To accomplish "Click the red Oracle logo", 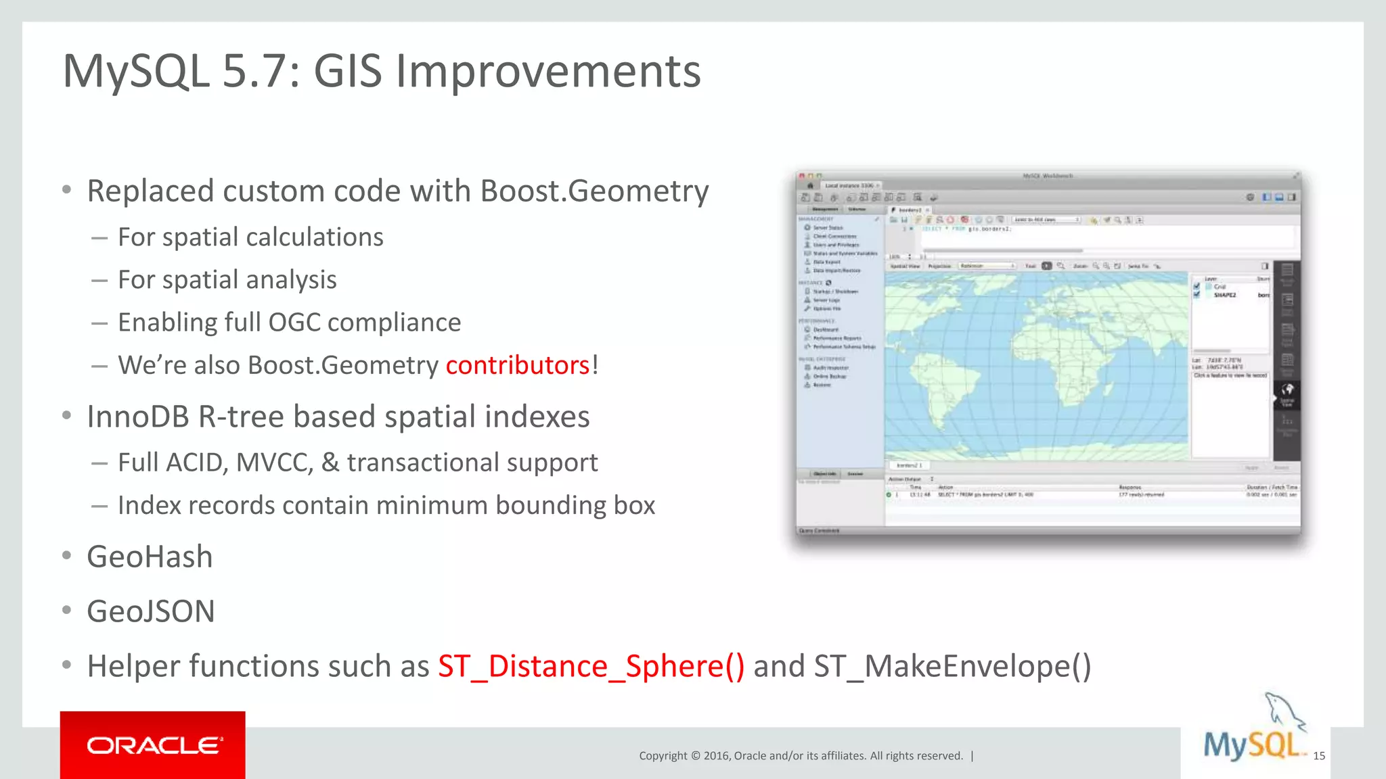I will click(x=153, y=745).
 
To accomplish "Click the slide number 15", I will click(x=1318, y=756).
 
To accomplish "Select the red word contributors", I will click(x=518, y=365).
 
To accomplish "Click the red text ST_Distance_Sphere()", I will click(x=591, y=666).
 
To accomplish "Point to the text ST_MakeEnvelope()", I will click(x=952, y=666).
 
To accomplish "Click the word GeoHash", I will click(x=150, y=557).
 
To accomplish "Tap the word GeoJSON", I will click(x=151, y=611).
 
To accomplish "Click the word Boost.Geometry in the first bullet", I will click(x=594, y=191).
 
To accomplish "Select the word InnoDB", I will click(x=138, y=417).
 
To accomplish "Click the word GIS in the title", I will click(x=348, y=71).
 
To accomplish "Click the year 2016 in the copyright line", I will click(x=715, y=756).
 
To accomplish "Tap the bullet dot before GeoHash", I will click(x=66, y=556).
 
